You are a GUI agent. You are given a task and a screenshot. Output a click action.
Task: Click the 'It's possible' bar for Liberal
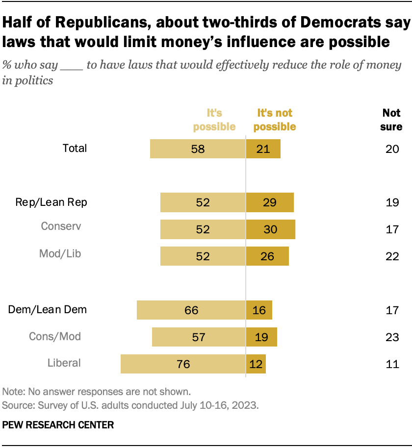point(183,364)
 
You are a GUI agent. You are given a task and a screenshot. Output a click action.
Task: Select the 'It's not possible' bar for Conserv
point(270,229)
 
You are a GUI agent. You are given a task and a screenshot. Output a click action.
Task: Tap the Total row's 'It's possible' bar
point(198,149)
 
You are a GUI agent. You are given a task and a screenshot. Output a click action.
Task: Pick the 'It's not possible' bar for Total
point(263,149)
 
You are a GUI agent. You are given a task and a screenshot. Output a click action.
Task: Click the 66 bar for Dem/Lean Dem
point(191,310)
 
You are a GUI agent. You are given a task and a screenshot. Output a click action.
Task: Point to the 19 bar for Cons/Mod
point(261,337)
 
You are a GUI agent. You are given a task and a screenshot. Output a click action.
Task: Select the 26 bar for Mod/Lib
point(267,256)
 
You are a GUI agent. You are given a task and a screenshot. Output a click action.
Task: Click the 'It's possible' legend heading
point(214,120)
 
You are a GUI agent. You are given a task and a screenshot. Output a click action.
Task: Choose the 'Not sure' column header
point(392,120)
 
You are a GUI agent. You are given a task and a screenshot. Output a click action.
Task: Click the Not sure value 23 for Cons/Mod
point(392,337)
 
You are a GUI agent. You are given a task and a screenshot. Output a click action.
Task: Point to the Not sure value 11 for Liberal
point(392,364)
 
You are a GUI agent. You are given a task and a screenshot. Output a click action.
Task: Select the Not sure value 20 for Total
point(392,149)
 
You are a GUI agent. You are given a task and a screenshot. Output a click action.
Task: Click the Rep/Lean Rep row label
point(51,202)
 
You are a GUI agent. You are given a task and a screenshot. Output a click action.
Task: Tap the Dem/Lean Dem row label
point(48,309)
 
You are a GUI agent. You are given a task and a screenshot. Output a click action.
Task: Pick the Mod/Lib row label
point(60,254)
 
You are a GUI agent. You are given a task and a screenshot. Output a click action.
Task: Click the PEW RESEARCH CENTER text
point(58,425)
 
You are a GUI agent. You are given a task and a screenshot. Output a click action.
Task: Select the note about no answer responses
point(96,392)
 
